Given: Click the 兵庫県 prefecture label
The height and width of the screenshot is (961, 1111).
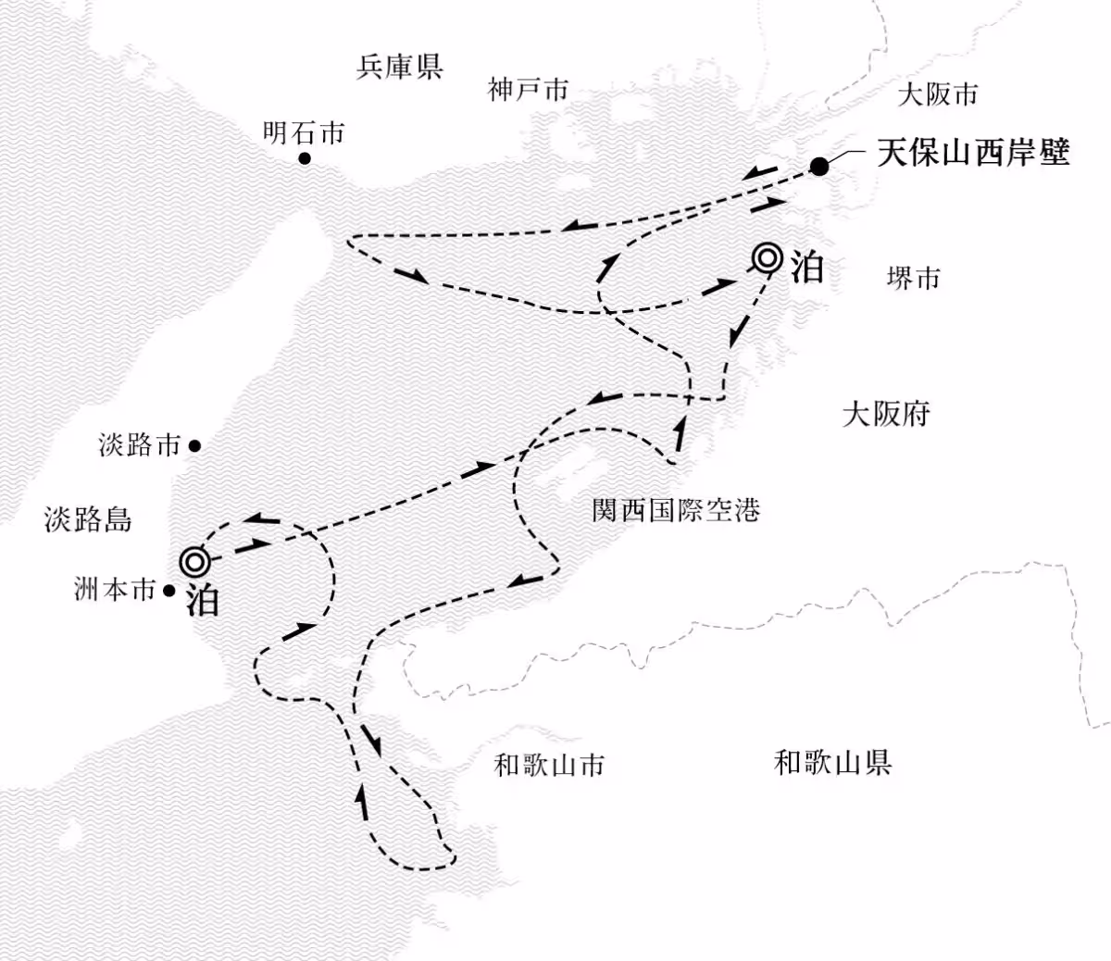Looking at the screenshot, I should pos(399,67).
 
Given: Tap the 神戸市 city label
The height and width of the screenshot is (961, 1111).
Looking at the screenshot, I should pos(528,90).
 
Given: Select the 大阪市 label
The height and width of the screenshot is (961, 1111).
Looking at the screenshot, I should pos(937,94).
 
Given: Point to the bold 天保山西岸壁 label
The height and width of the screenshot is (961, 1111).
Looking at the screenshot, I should pos(973,153).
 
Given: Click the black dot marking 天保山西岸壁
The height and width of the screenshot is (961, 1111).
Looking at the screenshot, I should pos(819,167).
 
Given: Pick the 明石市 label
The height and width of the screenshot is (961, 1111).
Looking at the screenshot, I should pos(304,133).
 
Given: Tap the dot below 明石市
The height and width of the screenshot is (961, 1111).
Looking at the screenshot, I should pos(304,159).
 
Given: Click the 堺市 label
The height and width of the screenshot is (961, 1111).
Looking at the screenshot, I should pos(913,278).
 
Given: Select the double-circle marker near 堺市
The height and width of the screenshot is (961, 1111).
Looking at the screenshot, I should pos(767,258).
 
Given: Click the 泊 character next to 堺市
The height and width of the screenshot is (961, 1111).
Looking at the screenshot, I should pos(805,268).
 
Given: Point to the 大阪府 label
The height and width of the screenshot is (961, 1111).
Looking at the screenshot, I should pos(886,414).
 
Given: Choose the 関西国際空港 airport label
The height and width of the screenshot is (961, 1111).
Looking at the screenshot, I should pos(676,510).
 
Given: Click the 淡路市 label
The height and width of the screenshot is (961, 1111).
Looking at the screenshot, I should pos(140,445).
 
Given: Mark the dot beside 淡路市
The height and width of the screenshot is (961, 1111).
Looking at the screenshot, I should pos(194,445).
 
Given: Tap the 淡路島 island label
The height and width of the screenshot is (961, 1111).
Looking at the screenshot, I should pos(88,519).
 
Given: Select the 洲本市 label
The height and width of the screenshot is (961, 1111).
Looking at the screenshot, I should pos(115,590).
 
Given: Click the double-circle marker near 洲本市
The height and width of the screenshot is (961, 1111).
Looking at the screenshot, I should pos(194,560).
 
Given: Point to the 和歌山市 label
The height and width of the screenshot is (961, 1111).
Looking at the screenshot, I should pos(549,765).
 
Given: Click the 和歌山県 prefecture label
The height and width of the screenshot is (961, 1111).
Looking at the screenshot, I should pos(832,763).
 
